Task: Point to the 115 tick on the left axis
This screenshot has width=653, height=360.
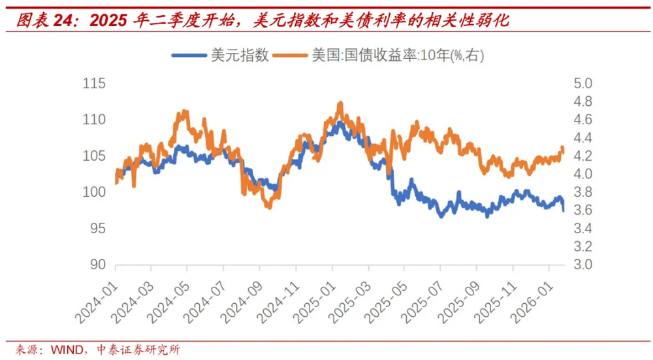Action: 94,84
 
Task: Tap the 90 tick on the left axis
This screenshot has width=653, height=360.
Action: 97,265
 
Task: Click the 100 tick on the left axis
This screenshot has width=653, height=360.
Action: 94,192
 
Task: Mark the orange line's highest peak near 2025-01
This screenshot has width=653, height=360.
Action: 340,103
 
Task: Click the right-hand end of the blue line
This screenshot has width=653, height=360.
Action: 564,210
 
